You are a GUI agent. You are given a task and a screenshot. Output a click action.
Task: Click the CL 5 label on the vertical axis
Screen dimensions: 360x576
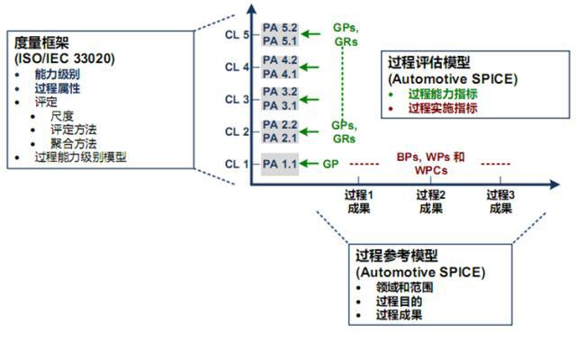[237, 34]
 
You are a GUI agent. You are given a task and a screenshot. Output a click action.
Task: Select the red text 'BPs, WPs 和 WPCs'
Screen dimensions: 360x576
[430, 163]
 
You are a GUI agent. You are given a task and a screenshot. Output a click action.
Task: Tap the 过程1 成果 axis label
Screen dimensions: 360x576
[359, 202]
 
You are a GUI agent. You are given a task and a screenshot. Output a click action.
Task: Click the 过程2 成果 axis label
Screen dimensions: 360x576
[430, 202]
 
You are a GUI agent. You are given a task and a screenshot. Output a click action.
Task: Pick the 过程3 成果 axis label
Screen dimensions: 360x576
[500, 202]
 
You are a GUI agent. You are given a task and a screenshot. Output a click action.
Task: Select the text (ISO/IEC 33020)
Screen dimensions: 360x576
[57, 58]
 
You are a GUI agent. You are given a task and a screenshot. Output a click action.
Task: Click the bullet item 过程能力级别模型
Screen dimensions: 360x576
[80, 157]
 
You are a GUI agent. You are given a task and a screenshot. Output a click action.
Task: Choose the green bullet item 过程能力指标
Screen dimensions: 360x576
[442, 94]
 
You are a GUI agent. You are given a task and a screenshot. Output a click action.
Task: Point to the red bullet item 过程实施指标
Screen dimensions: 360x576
[442, 107]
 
